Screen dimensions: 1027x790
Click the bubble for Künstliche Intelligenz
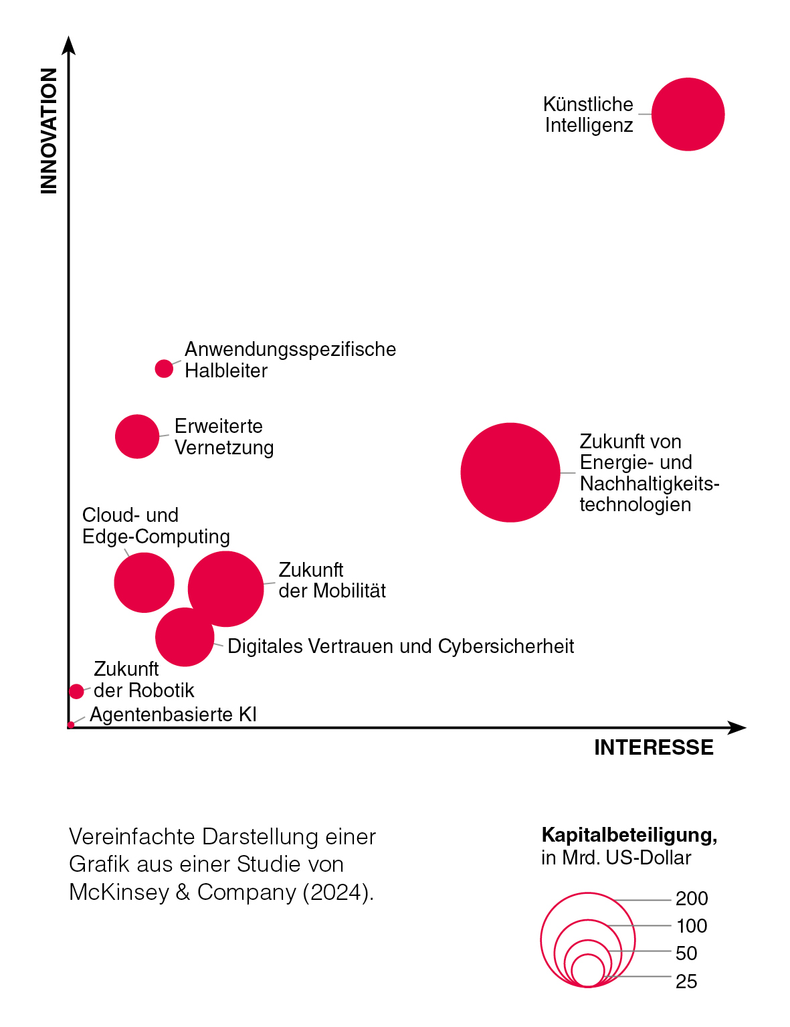click(x=688, y=114)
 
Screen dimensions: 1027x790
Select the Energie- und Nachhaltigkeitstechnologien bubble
click(x=510, y=472)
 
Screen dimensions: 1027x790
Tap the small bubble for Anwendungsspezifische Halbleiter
click(x=164, y=369)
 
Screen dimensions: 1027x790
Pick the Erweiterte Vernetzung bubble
click(x=137, y=436)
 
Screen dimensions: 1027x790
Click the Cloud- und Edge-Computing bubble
click(x=143, y=582)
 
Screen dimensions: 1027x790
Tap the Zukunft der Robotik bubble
click(x=76, y=691)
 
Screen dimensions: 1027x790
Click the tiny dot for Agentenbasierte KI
click(x=71, y=725)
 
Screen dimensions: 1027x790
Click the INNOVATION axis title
click(x=49, y=131)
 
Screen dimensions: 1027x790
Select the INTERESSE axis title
click(x=654, y=747)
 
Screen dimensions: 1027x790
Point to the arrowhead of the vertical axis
click(x=68, y=44)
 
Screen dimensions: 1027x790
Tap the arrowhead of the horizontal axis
click(x=737, y=728)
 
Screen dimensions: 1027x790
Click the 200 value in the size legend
click(x=692, y=899)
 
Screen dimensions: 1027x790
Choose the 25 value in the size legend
click(x=686, y=982)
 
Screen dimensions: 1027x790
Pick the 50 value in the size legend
click(x=686, y=953)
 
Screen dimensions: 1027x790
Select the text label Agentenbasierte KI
click(x=173, y=715)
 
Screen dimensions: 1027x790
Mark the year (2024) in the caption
click(x=338, y=892)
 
